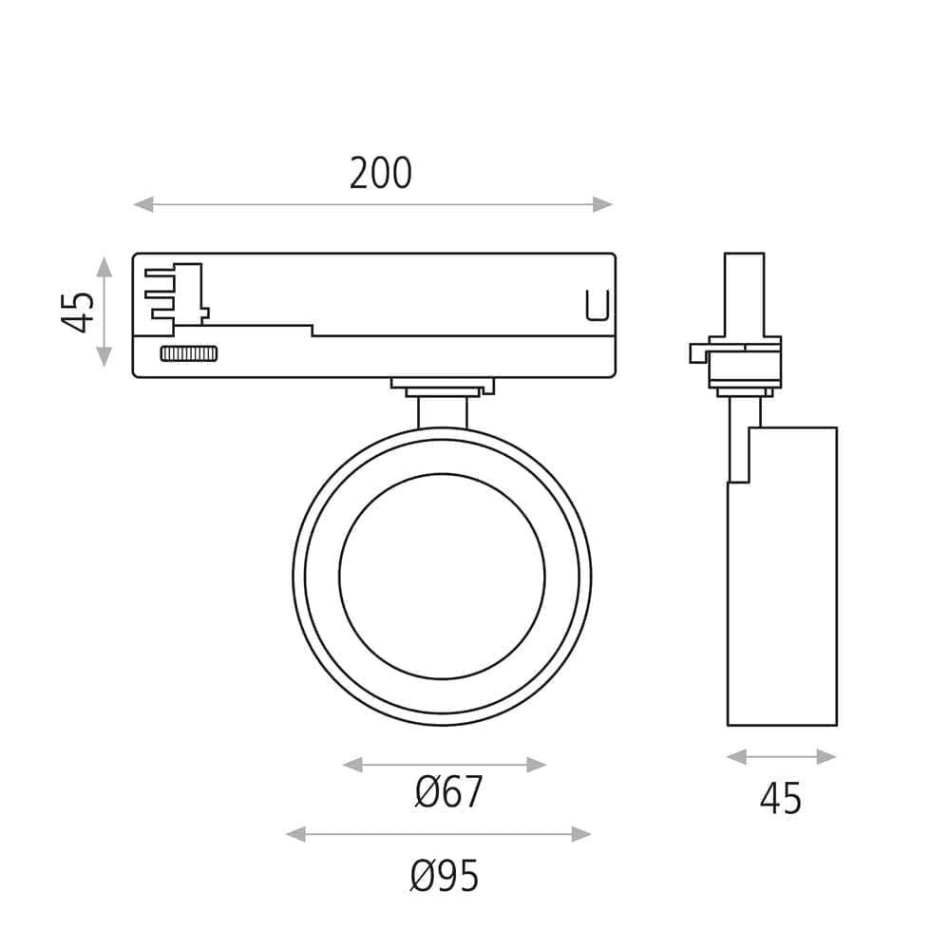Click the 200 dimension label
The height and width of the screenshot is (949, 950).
click(x=381, y=173)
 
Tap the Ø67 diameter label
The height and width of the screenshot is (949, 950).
click(x=448, y=791)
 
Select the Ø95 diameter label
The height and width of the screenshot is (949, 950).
click(x=444, y=876)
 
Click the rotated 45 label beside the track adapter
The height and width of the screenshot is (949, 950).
click(x=78, y=313)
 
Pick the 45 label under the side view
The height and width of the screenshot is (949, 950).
click(x=780, y=799)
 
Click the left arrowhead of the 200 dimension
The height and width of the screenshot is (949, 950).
click(x=143, y=204)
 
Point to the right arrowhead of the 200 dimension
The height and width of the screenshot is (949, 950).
click(x=603, y=204)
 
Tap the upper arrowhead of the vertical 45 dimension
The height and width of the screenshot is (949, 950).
click(x=104, y=267)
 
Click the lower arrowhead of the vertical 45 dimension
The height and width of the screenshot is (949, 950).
click(x=104, y=356)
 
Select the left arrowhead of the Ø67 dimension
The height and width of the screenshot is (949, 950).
click(x=352, y=765)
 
